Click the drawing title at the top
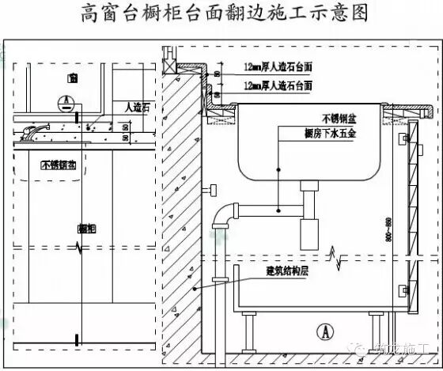point(221,14)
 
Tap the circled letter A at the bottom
point(322,331)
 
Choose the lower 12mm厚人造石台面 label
point(278,85)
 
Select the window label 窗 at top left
point(72,78)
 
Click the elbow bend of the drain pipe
point(228,213)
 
